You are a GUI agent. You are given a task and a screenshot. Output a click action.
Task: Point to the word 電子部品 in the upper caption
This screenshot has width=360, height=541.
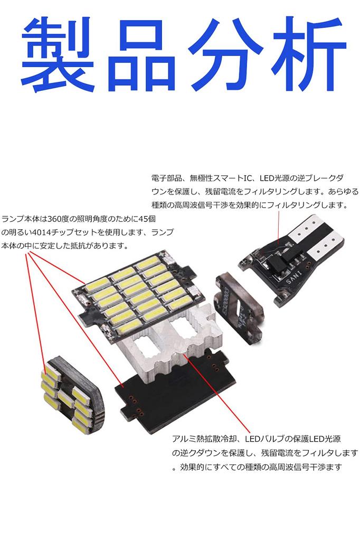165,178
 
